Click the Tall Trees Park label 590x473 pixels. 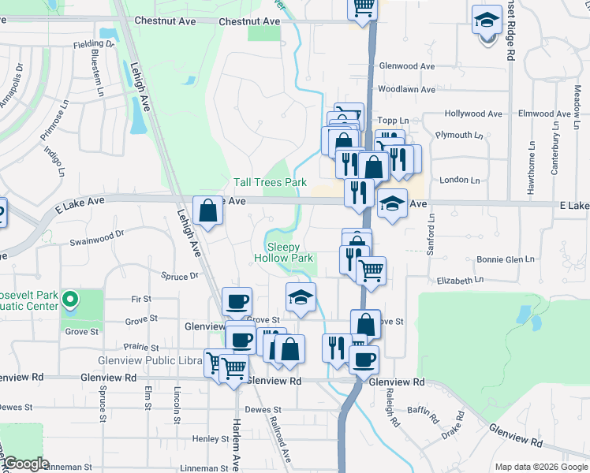(270, 183)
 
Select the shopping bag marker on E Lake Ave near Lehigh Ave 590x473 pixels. (207, 211)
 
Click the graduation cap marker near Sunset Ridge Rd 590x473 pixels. (487, 20)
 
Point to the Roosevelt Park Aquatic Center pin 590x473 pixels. (69, 299)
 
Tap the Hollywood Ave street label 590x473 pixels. (473, 114)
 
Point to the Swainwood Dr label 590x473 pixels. (97, 234)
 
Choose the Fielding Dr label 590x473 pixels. (94, 44)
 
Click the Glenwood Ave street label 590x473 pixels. (407, 67)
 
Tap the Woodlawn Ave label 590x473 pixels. (406, 90)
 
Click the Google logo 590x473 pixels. (25, 464)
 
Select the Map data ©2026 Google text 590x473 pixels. (540, 467)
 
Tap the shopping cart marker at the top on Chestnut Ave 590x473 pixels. (363, 8)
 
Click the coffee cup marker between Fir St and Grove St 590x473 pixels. (237, 301)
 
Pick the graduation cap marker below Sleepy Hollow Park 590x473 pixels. (300, 297)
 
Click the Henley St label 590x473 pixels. (210, 438)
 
